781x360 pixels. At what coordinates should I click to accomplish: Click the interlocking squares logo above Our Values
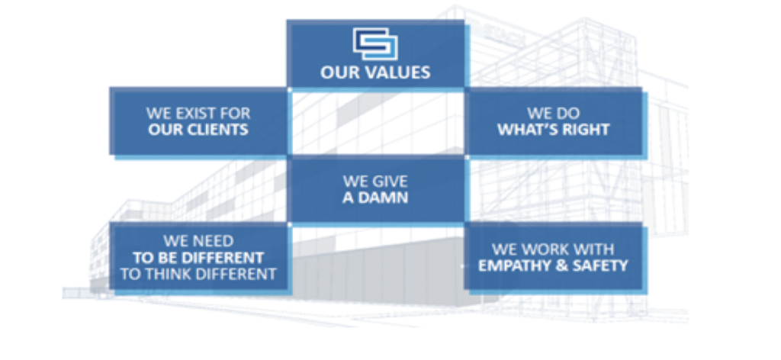[x=375, y=43]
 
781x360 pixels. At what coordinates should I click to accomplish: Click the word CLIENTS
[x=220, y=130]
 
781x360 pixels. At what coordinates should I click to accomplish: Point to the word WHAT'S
[x=525, y=130]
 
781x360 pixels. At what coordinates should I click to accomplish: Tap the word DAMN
[x=382, y=198]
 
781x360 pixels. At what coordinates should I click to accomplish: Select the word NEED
[x=214, y=242]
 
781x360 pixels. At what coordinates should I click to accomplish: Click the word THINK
[x=172, y=274]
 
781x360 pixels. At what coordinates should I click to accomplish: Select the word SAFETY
[x=598, y=266]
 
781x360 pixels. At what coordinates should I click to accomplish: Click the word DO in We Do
[x=569, y=113]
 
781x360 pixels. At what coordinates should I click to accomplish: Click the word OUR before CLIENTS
[x=167, y=130]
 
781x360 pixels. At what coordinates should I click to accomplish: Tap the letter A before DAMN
[x=347, y=198]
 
